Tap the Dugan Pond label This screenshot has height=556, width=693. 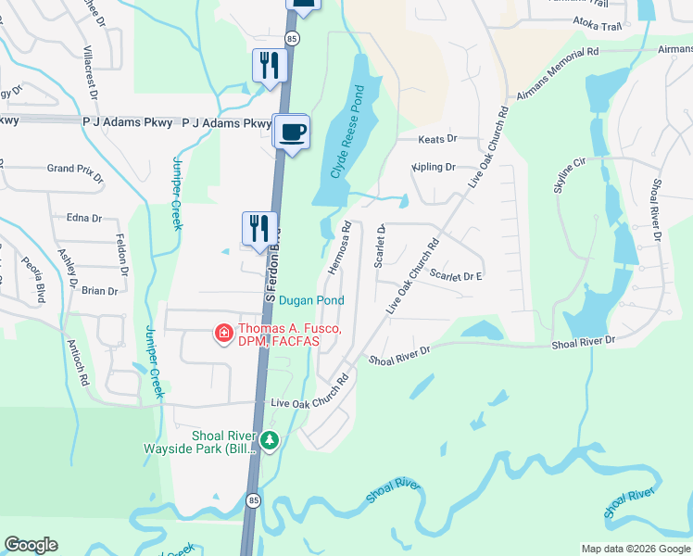click(x=311, y=300)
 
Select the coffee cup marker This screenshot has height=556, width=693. click(x=293, y=133)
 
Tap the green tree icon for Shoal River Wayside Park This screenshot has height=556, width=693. click(x=270, y=440)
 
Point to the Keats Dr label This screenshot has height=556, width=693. click(x=438, y=139)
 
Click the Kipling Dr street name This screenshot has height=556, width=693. click(x=434, y=168)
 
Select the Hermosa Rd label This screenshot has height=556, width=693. click(x=338, y=248)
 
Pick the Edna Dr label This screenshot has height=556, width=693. click(x=83, y=218)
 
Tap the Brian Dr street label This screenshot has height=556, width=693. click(x=99, y=291)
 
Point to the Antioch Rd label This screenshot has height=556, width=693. click(x=76, y=361)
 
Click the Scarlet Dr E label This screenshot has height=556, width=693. click(x=457, y=276)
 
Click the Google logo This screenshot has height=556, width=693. click(x=31, y=545)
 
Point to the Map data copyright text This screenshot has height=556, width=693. click(x=636, y=549)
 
